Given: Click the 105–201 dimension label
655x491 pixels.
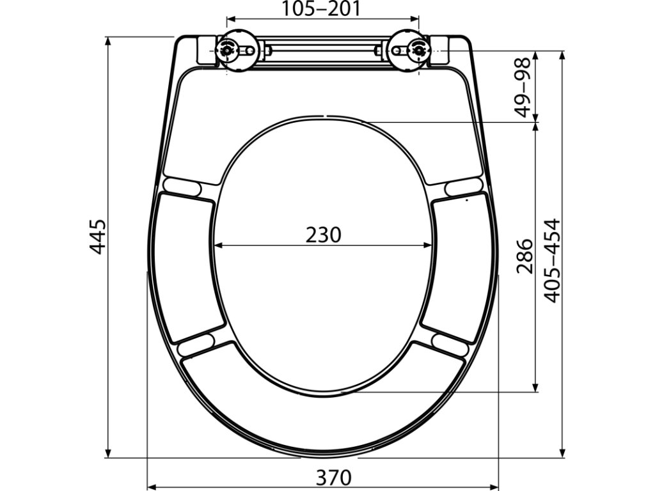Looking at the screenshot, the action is click(321, 8).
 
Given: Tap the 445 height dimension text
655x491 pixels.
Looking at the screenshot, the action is click(99, 237).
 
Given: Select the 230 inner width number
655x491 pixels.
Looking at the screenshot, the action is click(323, 235).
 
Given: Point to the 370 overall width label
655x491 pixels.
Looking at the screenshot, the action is click(333, 477).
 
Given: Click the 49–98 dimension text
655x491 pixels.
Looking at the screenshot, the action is click(522, 87).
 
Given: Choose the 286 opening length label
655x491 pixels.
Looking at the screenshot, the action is click(525, 256).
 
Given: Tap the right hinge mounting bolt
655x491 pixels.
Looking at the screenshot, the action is click(418, 50).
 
